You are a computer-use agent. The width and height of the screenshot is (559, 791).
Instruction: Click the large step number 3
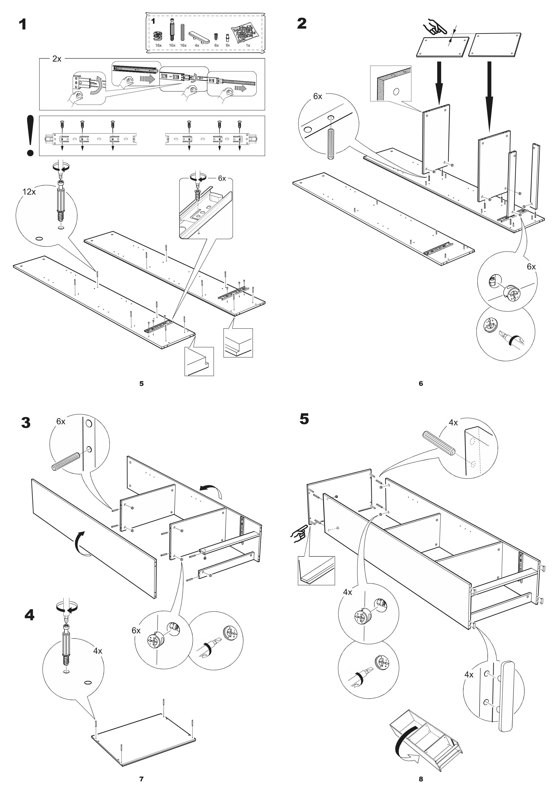[x=26, y=423]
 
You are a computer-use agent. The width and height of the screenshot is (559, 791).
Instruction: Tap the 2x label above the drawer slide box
[x=57, y=59]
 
